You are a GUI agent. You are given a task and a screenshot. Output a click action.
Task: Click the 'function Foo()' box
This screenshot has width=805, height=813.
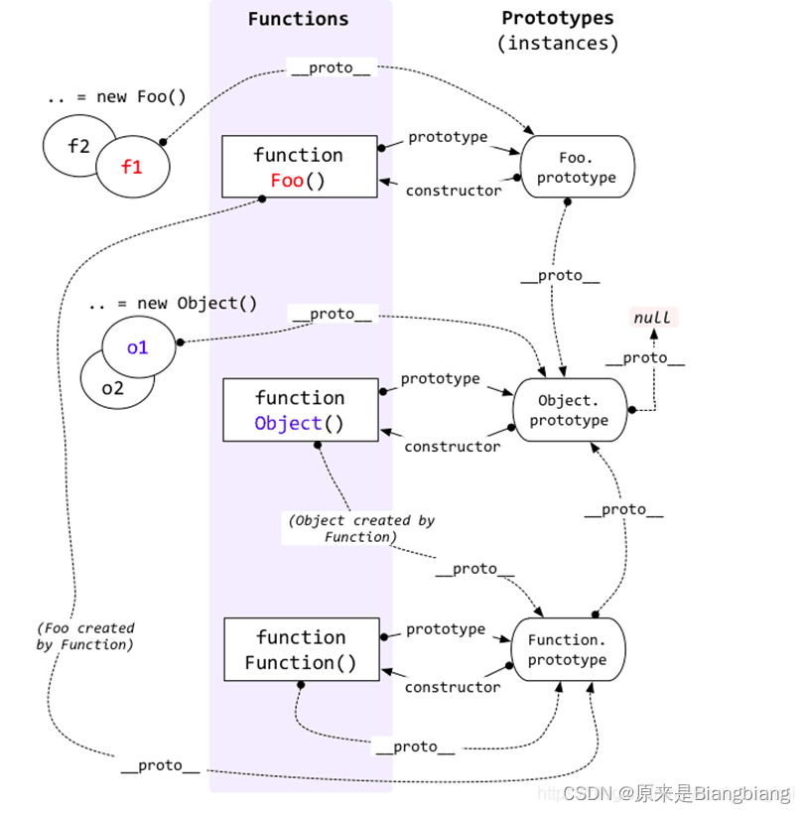299,167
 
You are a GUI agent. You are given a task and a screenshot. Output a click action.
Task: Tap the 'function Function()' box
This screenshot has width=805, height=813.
301,650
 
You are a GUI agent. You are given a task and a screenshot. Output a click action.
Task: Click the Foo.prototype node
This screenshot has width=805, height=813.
575,167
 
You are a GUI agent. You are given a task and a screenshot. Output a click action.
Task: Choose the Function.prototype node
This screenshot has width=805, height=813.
567,650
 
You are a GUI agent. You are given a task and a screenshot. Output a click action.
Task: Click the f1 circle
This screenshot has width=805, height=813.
132,168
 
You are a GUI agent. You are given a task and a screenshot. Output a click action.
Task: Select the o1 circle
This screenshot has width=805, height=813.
138,347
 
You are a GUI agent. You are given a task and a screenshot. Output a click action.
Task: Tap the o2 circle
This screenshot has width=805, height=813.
112,389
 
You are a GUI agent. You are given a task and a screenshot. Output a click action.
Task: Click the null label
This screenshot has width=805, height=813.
653,318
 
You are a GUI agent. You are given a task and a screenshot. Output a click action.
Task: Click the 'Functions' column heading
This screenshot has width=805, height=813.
298,19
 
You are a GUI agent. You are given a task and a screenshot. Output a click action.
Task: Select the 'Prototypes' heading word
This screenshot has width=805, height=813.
557,18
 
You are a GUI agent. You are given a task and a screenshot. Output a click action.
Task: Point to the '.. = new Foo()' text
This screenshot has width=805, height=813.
116,97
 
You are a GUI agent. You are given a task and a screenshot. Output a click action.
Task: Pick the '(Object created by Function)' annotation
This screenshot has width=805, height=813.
360,528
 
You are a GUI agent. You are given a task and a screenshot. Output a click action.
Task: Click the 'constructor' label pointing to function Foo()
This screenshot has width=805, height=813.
454,191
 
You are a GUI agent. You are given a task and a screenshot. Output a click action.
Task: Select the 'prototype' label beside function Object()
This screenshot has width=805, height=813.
441,378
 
